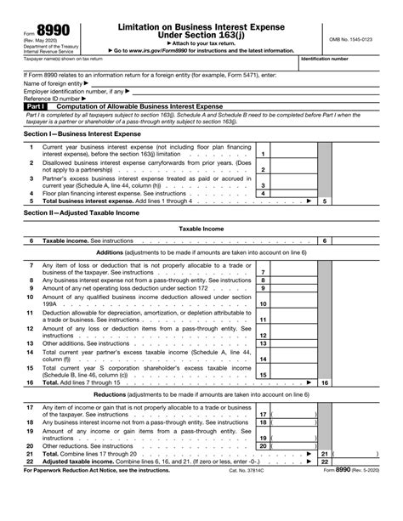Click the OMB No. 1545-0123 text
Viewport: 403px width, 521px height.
pyautogui.click(x=359, y=39)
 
